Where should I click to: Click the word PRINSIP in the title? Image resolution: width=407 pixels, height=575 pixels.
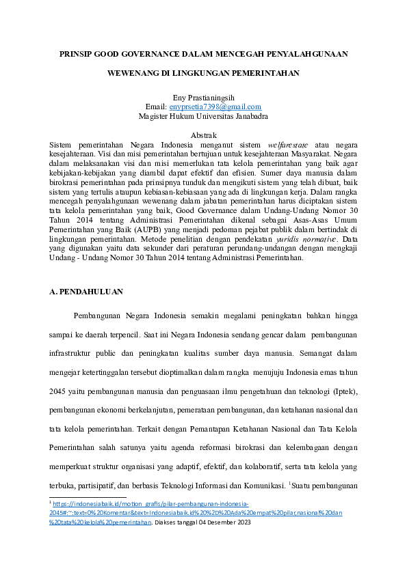point(75,53)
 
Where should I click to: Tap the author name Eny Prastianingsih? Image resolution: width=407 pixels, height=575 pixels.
point(203,98)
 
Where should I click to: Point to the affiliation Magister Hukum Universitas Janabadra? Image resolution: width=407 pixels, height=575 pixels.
point(203,115)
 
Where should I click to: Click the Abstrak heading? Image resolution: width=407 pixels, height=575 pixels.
point(203,136)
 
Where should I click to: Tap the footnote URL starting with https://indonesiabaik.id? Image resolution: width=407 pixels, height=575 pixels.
point(151,503)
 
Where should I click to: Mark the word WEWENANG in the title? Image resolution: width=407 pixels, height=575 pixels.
point(134,71)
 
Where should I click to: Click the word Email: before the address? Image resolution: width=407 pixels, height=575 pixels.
point(157,107)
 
